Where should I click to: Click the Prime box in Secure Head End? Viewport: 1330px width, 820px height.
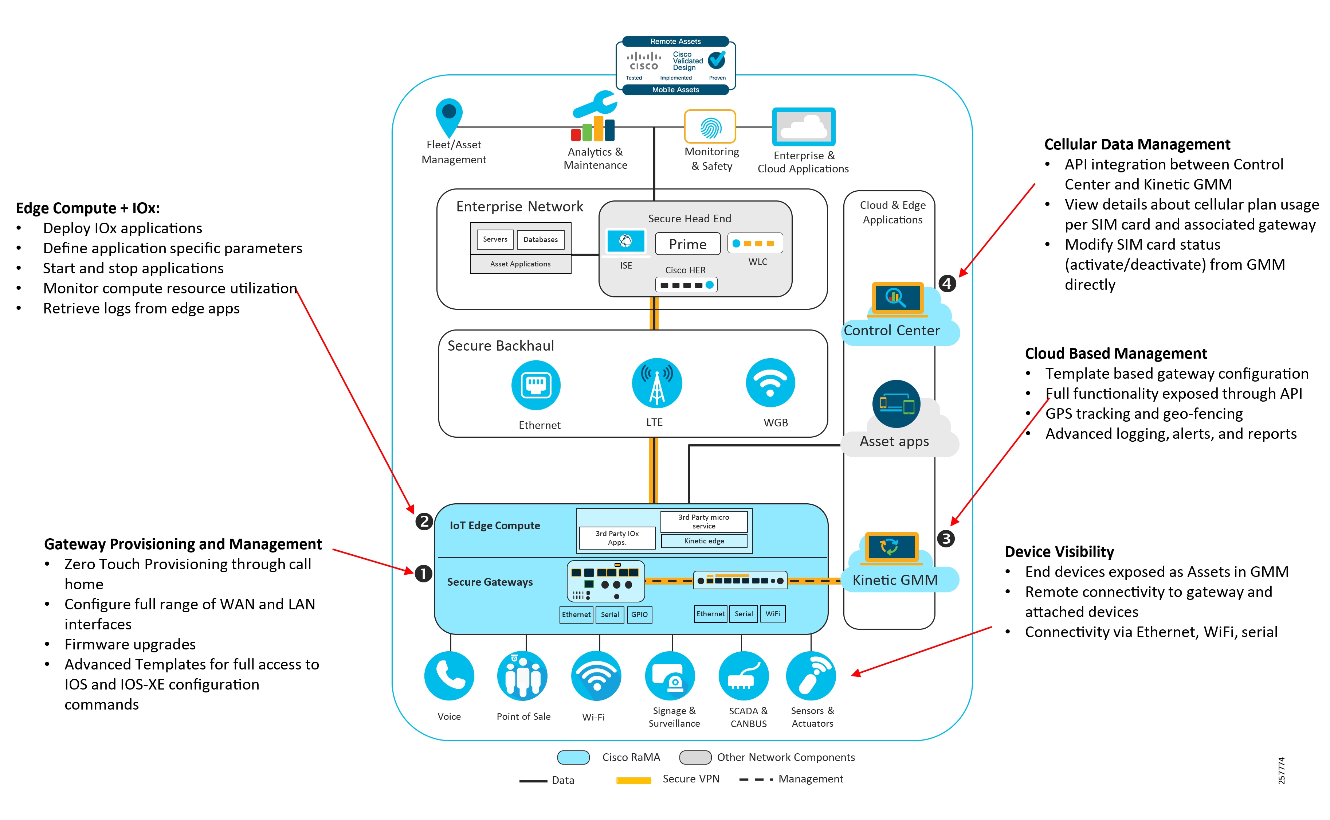pyautogui.click(x=687, y=244)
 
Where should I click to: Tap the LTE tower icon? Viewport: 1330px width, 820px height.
pyautogui.click(x=656, y=383)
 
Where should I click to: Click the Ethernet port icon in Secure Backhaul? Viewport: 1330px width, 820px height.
pyautogui.click(x=535, y=384)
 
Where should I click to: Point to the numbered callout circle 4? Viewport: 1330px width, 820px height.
pyautogui.click(x=947, y=283)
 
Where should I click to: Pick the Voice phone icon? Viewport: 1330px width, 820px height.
pyautogui.click(x=449, y=675)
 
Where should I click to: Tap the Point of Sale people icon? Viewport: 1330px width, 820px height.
pyautogui.click(x=522, y=675)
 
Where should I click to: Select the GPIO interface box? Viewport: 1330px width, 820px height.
pyautogui.click(x=639, y=614)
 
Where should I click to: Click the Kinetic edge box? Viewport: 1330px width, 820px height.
pyautogui.click(x=703, y=541)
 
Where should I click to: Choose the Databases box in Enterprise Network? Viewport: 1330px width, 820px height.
pyautogui.click(x=540, y=239)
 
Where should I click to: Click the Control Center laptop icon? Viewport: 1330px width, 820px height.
pyautogui.click(x=897, y=298)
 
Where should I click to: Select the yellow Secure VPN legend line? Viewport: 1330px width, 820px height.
pyautogui.click(x=633, y=780)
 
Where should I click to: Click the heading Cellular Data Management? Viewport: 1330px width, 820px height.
pyautogui.click(x=1137, y=144)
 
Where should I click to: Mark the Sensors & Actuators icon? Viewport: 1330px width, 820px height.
pyautogui.click(x=810, y=675)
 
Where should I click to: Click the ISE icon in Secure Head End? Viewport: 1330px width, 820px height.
pyautogui.click(x=625, y=241)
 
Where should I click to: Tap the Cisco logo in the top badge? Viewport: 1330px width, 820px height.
pyautogui.click(x=643, y=61)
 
